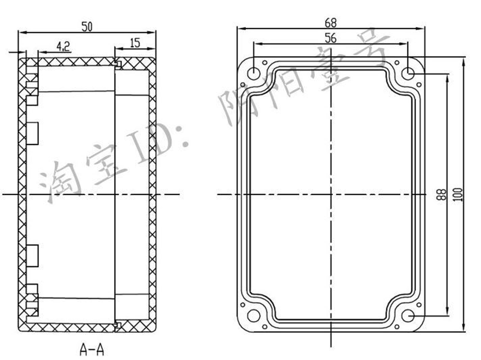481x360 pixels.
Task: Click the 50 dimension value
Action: (x=87, y=27)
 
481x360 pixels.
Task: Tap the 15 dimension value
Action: (x=135, y=43)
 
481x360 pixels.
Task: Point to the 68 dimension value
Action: (x=330, y=23)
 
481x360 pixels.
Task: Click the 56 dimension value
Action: (x=330, y=38)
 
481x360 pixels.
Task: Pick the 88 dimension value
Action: (x=442, y=194)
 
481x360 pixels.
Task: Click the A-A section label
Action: (x=92, y=349)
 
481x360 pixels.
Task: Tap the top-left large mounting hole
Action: (x=253, y=74)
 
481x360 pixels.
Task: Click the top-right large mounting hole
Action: (x=408, y=74)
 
